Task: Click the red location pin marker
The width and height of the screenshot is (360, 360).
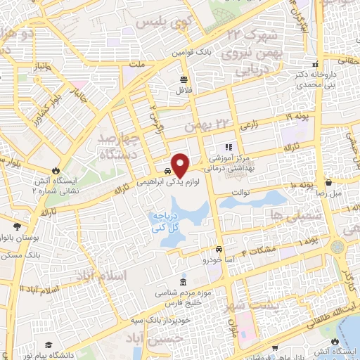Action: [x=180, y=165]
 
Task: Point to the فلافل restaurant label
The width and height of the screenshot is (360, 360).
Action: [x=184, y=91]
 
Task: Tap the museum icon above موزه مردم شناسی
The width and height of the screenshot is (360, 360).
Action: [x=183, y=283]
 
